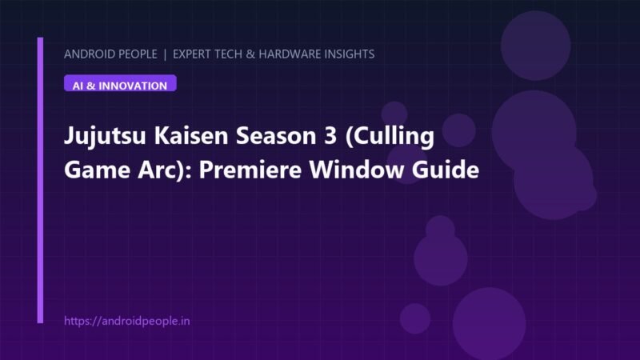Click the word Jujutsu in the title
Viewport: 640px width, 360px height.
click(x=105, y=136)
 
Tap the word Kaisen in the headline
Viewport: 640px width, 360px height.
click(x=190, y=135)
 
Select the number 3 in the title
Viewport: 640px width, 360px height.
click(x=330, y=135)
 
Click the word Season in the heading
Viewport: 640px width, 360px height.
click(x=276, y=135)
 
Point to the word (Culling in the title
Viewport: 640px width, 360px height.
click(x=390, y=136)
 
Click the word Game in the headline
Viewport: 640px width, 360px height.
click(x=97, y=170)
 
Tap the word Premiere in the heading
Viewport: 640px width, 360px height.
click(x=250, y=170)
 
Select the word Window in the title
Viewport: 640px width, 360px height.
click(x=356, y=170)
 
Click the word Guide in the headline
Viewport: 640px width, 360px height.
click(x=446, y=170)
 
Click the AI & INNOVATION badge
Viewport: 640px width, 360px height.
click(x=120, y=83)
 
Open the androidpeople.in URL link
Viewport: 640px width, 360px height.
click(x=127, y=321)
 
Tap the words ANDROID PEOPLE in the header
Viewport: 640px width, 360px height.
click(x=110, y=54)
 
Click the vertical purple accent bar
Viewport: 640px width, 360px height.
click(x=40, y=181)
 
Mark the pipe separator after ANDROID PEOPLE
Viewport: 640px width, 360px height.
click(x=165, y=54)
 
